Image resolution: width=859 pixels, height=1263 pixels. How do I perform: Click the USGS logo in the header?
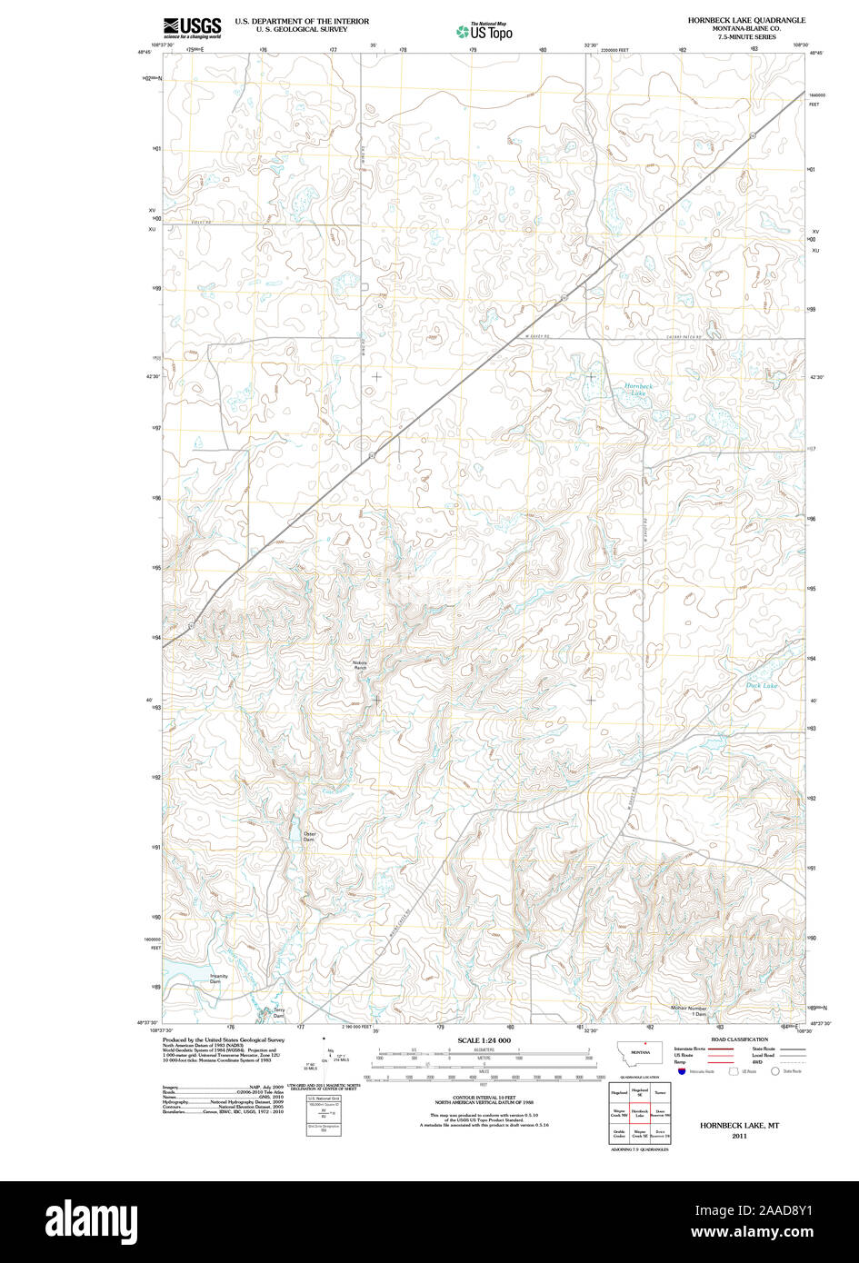coord(192,27)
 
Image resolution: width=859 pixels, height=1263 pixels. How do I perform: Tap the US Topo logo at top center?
coord(484,31)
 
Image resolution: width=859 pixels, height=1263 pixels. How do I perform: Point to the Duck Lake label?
coord(761,685)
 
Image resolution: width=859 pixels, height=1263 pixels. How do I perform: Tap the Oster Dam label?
coord(309,836)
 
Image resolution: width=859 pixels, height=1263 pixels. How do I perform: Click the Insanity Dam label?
coord(218,979)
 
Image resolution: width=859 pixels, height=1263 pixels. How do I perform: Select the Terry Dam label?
coord(279,1012)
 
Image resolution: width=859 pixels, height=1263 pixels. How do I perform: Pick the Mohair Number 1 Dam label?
coord(688,1010)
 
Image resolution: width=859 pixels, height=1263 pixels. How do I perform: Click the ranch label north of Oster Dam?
coord(360,665)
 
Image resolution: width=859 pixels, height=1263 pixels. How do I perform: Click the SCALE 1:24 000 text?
coord(484,1040)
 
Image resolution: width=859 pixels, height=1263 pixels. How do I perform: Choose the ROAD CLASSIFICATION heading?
coord(739,1039)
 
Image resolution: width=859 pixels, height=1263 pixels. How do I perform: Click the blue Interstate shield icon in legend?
coord(683,1072)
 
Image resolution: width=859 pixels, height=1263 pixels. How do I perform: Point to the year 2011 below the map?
coord(739,1136)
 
